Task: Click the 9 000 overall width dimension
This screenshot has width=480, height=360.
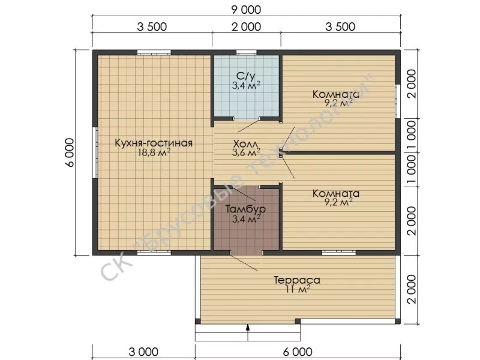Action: [246, 10]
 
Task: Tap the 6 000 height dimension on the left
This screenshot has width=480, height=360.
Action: [70, 152]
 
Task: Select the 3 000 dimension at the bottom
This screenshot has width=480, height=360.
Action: [143, 352]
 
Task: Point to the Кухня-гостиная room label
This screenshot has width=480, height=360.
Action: [154, 143]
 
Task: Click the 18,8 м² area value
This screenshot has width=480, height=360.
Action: [154, 152]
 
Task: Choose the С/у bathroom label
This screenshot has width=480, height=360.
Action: [246, 76]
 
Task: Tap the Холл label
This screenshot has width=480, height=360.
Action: [246, 143]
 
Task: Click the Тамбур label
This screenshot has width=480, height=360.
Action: [245, 209]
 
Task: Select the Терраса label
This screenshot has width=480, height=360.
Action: [296, 280]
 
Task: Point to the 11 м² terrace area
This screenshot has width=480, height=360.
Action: [298, 289]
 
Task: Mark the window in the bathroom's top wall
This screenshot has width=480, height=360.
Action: [246, 52]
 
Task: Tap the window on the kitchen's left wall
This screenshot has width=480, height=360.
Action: [95, 152]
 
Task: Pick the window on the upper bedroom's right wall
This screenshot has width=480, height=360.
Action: [398, 101]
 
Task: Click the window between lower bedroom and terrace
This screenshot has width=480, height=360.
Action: [338, 253]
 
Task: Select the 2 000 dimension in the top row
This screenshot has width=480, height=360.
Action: [246, 26]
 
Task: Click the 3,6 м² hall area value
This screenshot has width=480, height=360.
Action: [246, 152]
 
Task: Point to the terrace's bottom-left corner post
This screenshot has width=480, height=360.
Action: [198, 322]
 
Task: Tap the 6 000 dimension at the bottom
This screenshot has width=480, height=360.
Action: [298, 352]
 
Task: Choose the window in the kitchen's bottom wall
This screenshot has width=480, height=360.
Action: [154, 253]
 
